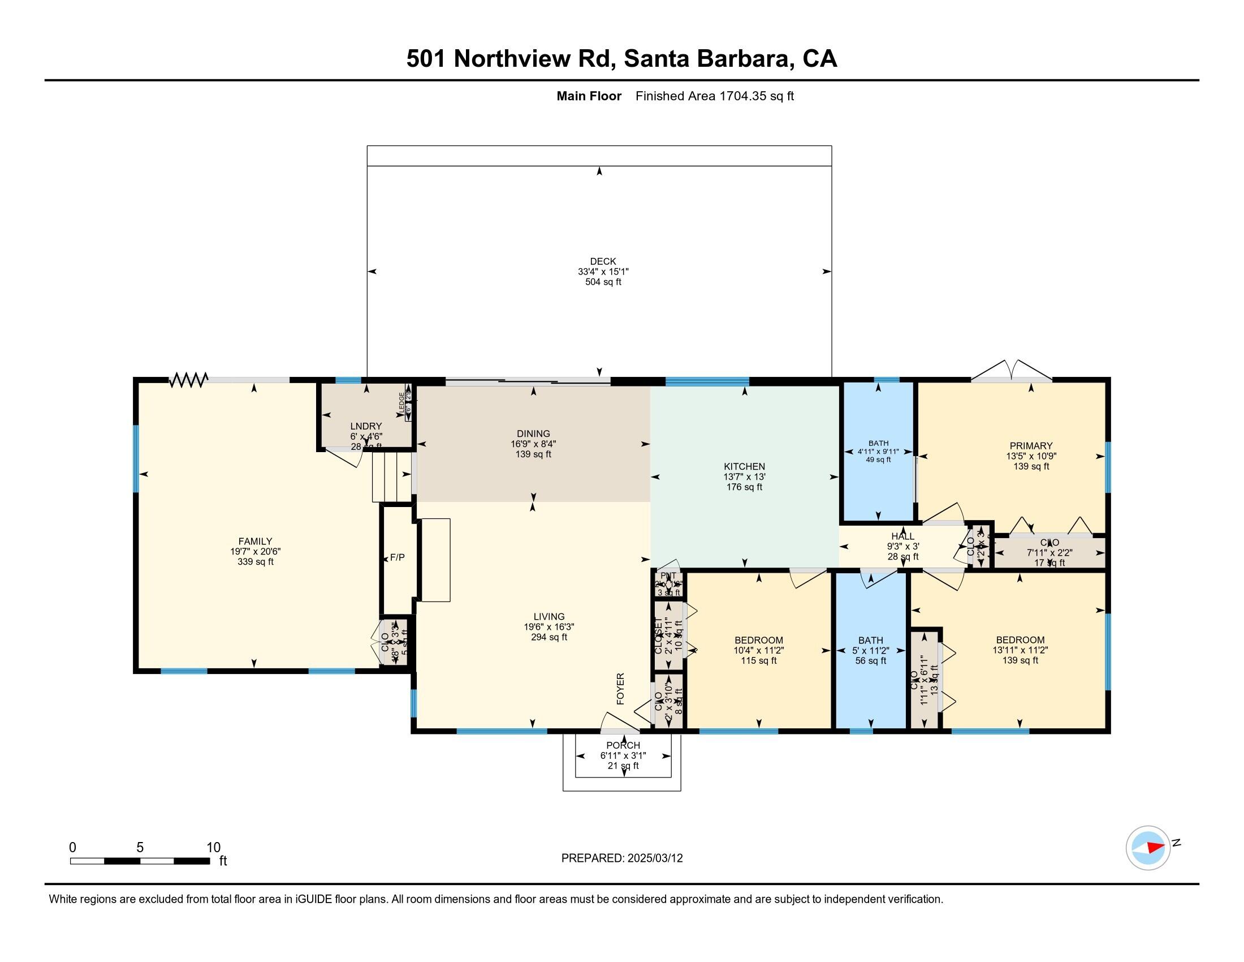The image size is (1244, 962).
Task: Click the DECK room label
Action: coord(603,261)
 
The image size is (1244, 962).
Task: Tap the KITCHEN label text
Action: coord(744,466)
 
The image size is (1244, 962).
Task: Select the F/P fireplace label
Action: coord(397,557)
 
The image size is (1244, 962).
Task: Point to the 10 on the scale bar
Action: coord(214,848)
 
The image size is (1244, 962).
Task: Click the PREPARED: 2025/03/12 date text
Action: coord(621,858)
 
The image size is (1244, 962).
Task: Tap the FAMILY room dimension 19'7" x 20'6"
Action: coord(255,552)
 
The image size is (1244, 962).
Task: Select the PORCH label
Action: coord(623,745)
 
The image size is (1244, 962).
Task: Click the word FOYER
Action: coord(621,689)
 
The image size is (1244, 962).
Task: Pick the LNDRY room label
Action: coord(366,426)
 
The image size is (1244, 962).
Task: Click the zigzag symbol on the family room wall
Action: coord(188,380)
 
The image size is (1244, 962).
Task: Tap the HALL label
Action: coord(902,536)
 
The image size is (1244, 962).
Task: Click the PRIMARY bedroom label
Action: coord(1030,446)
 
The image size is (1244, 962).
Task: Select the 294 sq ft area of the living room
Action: coord(548,637)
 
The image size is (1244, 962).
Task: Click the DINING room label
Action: coord(533,433)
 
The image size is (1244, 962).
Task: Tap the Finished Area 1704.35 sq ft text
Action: coord(714,96)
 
